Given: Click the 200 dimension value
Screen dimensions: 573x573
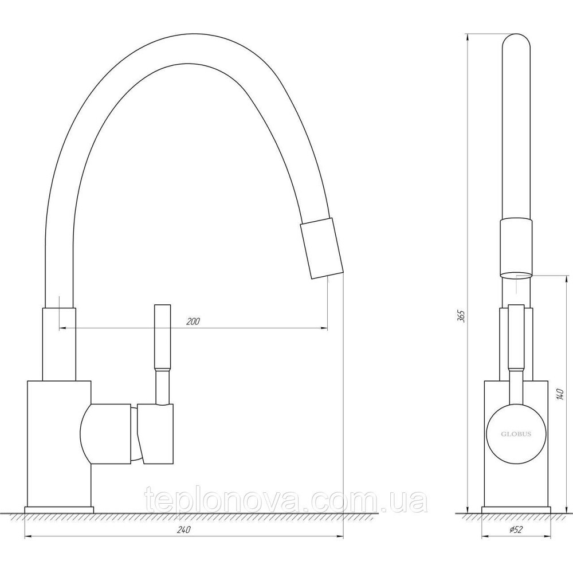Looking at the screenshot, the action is coord(193,321).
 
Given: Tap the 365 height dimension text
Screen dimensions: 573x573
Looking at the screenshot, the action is coord(461,316).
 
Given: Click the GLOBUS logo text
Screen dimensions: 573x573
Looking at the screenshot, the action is coord(516,434).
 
